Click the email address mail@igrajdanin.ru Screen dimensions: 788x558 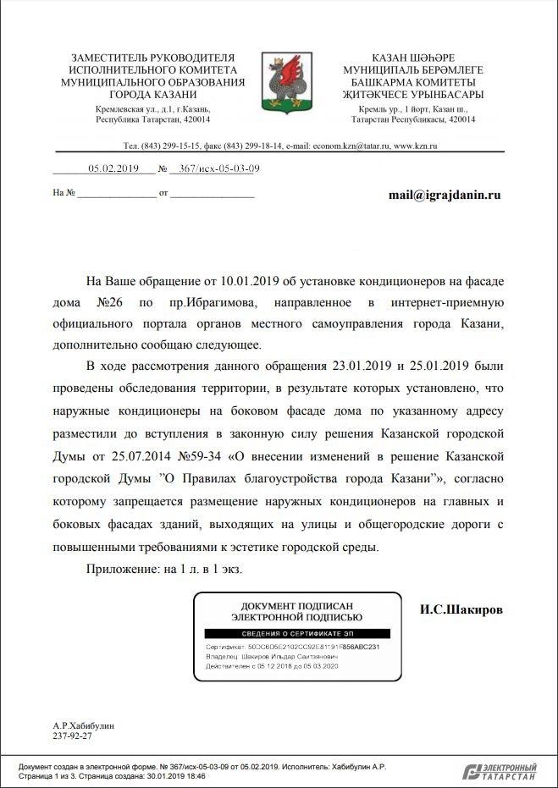445,195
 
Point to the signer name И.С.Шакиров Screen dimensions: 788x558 462,609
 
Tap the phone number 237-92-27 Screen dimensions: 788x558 72,736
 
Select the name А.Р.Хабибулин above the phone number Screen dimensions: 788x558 83,725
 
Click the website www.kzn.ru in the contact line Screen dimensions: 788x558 415,146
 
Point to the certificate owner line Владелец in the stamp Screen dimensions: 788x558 271,656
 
